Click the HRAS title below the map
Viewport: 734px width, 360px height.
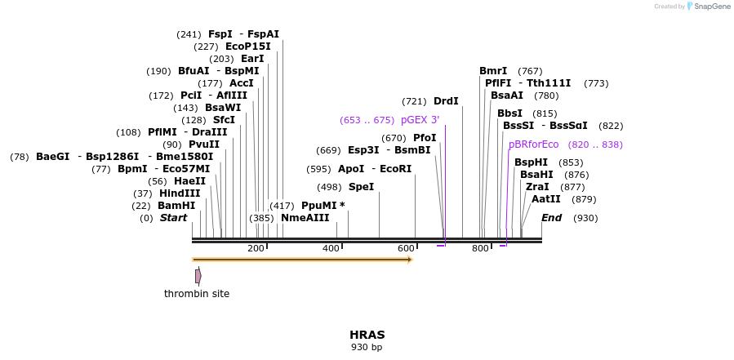pos(367,335)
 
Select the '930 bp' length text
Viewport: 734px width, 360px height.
pos(367,348)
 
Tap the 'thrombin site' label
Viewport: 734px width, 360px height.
pos(197,294)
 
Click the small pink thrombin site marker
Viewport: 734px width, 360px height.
pos(198,276)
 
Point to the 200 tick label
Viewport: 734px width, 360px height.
pos(256,248)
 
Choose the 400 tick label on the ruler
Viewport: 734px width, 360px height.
pos(331,248)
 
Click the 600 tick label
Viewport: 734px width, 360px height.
pos(406,248)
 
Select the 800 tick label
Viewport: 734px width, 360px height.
pos(480,248)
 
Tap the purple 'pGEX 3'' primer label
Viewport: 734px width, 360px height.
pos(420,120)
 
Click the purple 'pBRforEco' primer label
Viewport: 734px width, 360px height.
pos(534,144)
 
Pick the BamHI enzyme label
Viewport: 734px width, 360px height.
pos(176,206)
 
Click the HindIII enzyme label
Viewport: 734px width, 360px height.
pos(180,193)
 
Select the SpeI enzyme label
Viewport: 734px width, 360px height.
pos(361,187)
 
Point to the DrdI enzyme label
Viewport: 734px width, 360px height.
pos(446,101)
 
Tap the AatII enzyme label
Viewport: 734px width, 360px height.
pos(546,199)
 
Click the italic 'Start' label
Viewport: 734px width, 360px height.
pos(173,218)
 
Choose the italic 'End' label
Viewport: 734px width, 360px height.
pos(551,218)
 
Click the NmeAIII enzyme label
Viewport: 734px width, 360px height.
pos(305,218)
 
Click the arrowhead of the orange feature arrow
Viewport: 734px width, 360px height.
pos(409,260)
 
